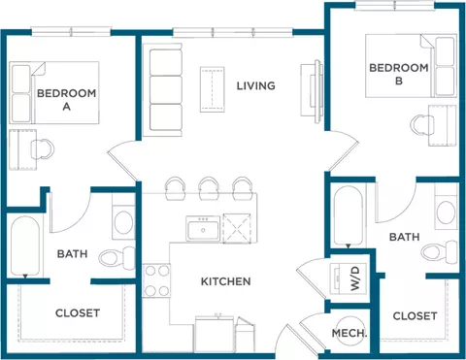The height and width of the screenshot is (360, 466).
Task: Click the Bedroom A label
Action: (66, 100)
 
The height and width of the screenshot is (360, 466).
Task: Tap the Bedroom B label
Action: (399, 74)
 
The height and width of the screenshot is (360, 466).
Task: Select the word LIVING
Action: (256, 85)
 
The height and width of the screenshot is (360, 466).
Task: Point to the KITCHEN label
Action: (226, 281)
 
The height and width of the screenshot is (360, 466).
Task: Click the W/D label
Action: (355, 278)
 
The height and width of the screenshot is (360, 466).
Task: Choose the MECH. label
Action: (349, 333)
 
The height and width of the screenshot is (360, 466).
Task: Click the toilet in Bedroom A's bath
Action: (116, 258)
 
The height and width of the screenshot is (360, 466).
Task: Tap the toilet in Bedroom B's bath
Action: (440, 251)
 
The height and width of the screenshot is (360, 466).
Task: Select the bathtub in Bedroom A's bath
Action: (25, 246)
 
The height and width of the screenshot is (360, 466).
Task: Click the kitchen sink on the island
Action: (203, 229)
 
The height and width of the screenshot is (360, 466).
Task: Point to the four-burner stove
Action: (156, 280)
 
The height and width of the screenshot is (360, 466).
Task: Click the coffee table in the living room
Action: (213, 89)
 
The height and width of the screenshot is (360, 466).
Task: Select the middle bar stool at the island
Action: (209, 187)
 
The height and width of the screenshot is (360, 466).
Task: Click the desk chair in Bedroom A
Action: (43, 149)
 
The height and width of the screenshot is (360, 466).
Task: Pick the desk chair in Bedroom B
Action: (422, 124)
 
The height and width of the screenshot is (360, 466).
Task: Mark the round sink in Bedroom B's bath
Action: (446, 212)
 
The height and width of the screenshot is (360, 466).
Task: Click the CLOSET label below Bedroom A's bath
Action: (78, 312)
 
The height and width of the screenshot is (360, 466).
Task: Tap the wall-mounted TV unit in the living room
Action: (313, 91)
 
